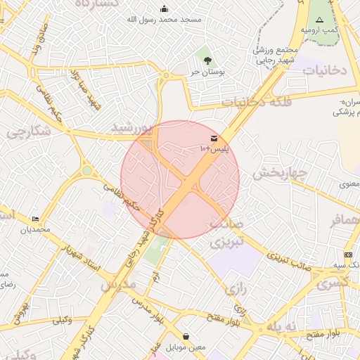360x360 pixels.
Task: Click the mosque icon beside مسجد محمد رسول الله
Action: click(x=165, y=8)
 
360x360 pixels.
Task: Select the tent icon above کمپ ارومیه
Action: click(x=320, y=20)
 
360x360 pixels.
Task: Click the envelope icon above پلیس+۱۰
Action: click(x=213, y=138)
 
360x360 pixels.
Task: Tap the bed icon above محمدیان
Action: click(x=35, y=219)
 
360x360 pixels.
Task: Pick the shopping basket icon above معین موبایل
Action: click(x=186, y=337)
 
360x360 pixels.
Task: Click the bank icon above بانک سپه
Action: click(x=348, y=254)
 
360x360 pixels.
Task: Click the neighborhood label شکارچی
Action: click(x=29, y=131)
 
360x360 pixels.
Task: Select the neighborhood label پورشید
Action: click(x=132, y=128)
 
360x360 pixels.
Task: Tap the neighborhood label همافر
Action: click(x=345, y=220)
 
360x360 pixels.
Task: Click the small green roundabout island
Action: click(x=87, y=170)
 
